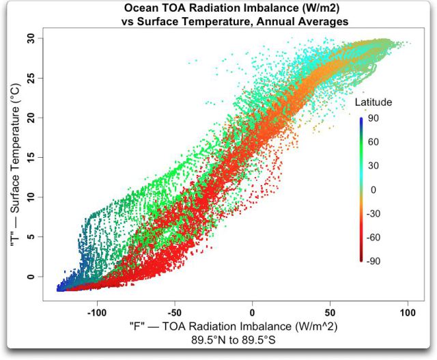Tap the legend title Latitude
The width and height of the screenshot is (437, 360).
tap(373, 102)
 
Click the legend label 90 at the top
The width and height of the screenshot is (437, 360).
tap(373, 117)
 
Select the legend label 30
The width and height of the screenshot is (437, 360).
tap(373, 165)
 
